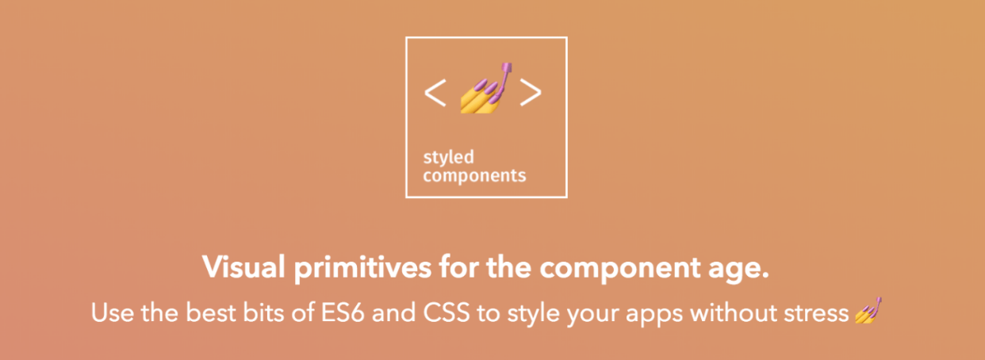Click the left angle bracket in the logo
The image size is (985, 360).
pos(435,93)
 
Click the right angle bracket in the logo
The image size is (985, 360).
pos(531,93)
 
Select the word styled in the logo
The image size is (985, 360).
pos(448,158)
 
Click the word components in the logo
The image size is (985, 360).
pos(474,175)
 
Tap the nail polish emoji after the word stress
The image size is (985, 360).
pos(869,312)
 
